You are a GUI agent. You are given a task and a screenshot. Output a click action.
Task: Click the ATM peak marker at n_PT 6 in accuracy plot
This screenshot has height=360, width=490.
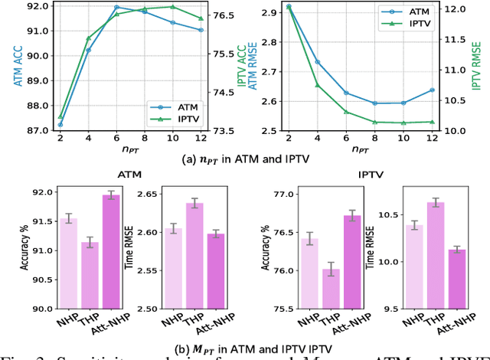pos(116,8)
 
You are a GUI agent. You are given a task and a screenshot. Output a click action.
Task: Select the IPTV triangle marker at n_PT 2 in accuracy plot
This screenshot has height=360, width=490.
pos(60,117)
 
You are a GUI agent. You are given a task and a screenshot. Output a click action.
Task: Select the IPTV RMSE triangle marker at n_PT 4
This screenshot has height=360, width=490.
pos(318,85)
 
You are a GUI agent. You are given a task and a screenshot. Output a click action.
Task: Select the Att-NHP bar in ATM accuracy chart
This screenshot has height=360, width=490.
pos(112,252)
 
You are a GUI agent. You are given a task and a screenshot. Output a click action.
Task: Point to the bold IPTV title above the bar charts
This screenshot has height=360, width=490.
pos(371,174)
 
